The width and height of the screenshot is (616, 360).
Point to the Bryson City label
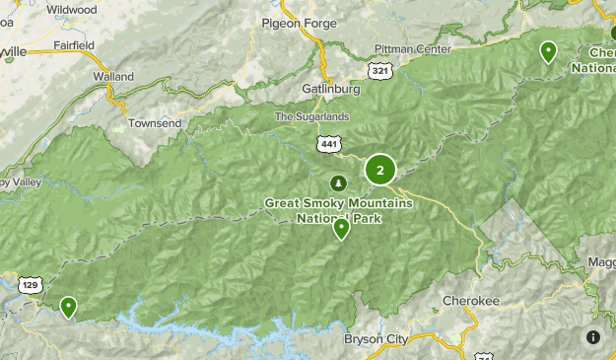tap(376, 339)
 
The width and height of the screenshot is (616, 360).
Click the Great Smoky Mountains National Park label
tap(322, 210)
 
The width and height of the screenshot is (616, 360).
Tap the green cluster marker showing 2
tap(380, 170)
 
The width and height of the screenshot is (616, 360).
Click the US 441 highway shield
tap(329, 144)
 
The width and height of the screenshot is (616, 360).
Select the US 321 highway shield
tap(379, 70)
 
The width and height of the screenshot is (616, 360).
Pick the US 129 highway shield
tap(31, 284)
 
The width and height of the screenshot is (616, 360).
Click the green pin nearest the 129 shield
tap(68, 307)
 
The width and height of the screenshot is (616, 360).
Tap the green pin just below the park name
tap(341, 229)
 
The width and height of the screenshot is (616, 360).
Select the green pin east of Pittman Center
tap(548, 51)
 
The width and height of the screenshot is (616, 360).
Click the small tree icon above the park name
tap(338, 183)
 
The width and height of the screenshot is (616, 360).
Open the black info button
tap(594, 337)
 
